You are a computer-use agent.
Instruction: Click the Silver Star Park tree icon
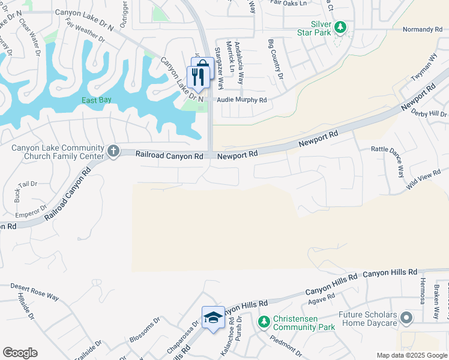click(x=340, y=27)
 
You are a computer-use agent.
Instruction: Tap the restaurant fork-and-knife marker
click(x=196, y=76)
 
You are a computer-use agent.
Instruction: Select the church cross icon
click(x=113, y=152)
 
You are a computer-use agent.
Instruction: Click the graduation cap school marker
click(x=212, y=318)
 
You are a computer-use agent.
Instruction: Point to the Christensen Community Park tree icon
click(x=264, y=322)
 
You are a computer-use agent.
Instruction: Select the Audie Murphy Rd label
click(x=241, y=100)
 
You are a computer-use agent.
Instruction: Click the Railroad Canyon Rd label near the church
click(x=169, y=155)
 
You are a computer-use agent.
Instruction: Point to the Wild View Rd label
click(x=424, y=178)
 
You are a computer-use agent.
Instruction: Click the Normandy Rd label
click(x=422, y=29)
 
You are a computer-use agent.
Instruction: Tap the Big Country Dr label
click(x=276, y=59)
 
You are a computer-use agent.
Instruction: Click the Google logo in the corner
click(x=20, y=353)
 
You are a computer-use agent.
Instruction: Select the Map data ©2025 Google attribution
click(x=411, y=355)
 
